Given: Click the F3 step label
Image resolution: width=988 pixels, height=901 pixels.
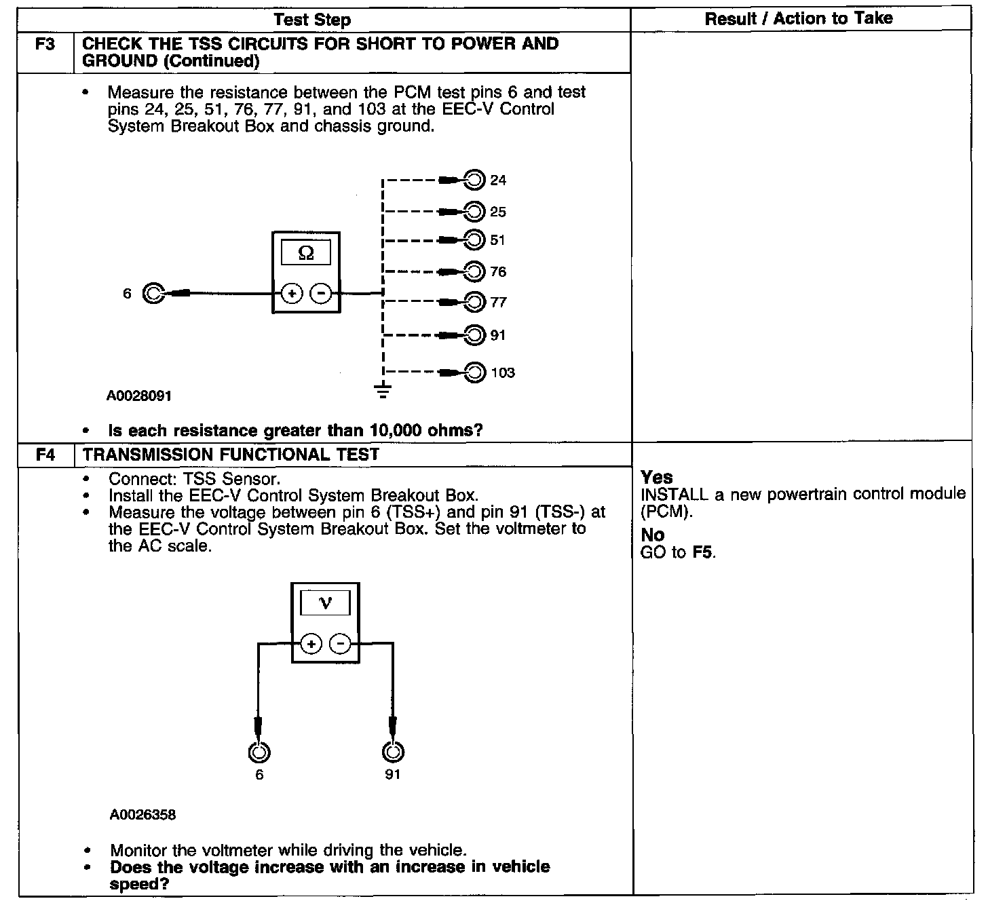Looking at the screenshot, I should point(45,44).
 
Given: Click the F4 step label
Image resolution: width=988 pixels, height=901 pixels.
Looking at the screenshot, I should point(45,455).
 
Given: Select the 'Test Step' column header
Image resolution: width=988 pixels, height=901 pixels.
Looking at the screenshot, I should point(312,20).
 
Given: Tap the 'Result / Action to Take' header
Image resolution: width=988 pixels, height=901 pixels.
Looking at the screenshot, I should point(799,19).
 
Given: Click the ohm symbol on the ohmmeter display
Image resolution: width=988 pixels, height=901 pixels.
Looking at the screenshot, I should point(306,253).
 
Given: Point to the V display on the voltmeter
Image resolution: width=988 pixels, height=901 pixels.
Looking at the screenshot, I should point(325,603).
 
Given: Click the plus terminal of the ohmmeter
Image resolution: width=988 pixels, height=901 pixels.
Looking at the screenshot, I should point(292,294).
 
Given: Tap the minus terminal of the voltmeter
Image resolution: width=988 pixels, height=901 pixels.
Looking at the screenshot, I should point(341,643).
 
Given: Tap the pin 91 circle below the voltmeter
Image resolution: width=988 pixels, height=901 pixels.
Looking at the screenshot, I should point(392,752).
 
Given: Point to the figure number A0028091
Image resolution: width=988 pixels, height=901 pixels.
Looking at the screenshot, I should point(139,396).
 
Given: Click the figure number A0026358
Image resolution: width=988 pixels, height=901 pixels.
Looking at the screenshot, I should point(142,815).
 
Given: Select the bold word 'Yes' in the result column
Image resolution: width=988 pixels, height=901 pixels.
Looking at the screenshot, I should point(656,477).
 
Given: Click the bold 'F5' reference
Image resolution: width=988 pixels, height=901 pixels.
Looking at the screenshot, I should point(704,552).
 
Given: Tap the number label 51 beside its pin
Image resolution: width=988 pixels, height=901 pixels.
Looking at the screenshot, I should point(498,240).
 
